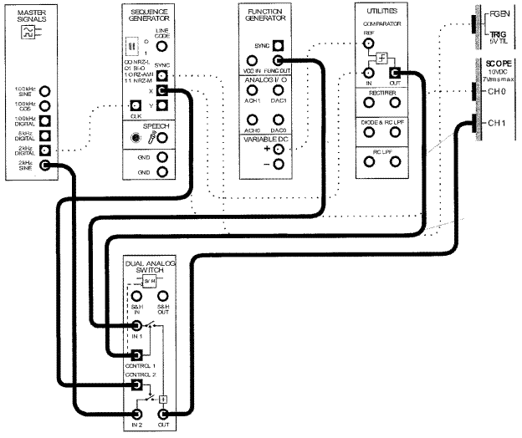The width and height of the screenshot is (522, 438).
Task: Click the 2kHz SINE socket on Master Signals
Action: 46,166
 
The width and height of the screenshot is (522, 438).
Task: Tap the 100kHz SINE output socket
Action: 46,91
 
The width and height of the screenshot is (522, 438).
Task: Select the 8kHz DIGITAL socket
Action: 46,136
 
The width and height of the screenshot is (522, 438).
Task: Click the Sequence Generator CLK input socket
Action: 135,105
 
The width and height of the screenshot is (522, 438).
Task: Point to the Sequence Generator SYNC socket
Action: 162,74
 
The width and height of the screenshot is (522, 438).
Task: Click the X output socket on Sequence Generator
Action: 162,89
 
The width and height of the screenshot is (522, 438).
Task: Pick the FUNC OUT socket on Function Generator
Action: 278,60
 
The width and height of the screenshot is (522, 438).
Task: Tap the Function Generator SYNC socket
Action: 278,44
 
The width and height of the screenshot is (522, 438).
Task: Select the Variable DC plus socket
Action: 278,149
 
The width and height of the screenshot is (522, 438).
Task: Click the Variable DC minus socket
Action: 278,164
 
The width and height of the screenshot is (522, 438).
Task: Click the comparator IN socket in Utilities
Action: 367,74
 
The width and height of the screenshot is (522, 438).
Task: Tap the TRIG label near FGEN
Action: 497,35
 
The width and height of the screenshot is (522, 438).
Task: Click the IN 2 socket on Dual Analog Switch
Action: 136,415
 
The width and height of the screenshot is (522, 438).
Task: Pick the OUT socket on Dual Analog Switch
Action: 163,415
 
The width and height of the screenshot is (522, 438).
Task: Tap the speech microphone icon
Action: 135,138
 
